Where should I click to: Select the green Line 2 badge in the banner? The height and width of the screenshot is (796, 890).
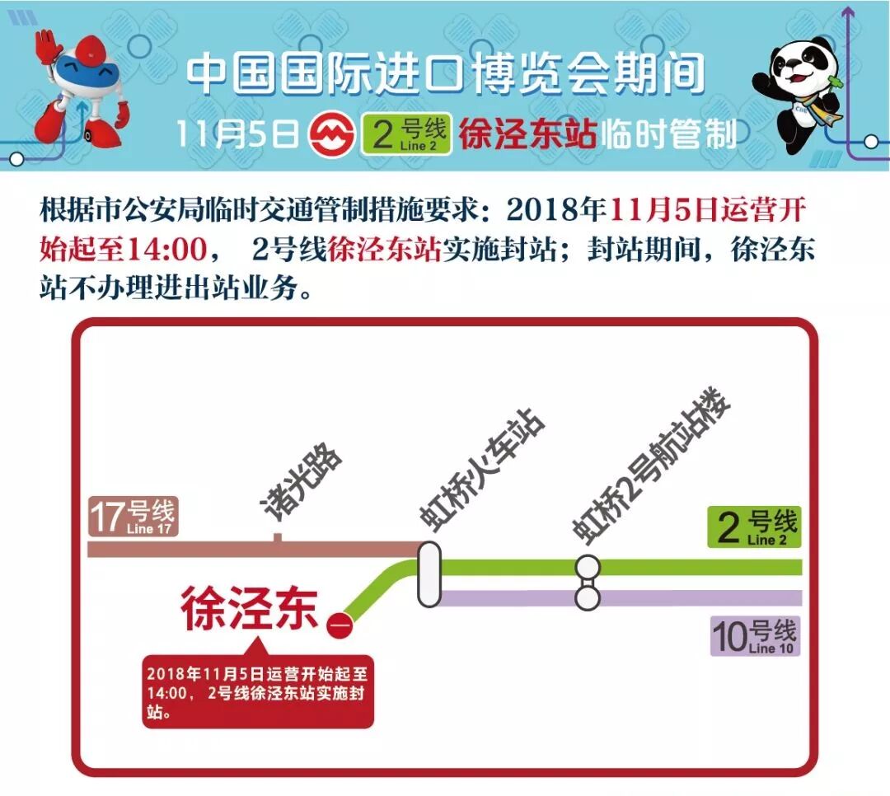tap(407, 134)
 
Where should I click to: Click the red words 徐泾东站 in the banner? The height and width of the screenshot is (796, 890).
tap(527, 134)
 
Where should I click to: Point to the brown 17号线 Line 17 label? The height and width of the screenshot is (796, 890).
tap(133, 517)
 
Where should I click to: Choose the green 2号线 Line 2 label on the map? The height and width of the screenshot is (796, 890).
tap(754, 527)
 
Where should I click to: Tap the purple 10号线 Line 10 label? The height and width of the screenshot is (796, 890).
tap(754, 637)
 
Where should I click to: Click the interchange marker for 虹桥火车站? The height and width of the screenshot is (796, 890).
tap(429, 575)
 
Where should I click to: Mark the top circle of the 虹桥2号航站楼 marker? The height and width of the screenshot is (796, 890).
tap(588, 567)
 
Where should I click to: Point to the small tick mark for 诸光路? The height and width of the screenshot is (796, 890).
tap(278, 538)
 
